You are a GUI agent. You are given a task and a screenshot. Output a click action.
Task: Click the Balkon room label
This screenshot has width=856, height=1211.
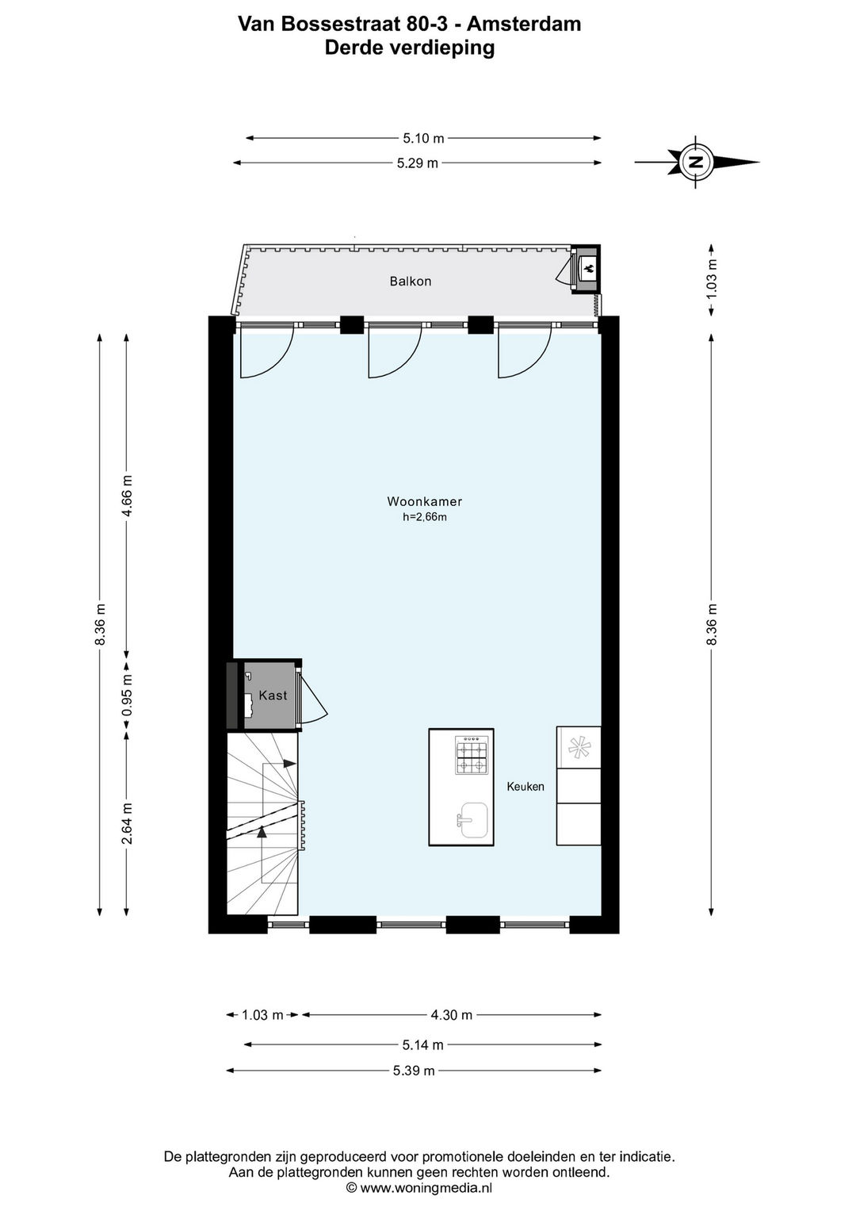coord(411,281)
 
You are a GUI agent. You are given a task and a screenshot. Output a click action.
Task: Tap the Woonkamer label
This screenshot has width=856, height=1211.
coord(424,501)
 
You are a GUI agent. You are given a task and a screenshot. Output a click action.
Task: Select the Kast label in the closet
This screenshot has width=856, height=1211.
coord(273,696)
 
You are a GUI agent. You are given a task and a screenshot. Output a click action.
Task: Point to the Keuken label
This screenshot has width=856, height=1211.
coord(525,787)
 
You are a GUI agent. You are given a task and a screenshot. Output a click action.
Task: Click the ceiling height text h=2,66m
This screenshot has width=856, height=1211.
coord(425,517)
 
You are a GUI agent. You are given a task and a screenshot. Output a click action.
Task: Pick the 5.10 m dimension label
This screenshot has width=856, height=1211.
coord(424,139)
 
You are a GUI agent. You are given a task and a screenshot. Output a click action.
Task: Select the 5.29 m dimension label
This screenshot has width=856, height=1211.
coord(417,163)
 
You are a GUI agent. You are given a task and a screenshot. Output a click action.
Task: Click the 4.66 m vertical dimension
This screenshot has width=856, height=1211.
coord(127,496)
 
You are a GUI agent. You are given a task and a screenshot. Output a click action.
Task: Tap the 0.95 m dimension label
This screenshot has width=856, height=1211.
coord(127,695)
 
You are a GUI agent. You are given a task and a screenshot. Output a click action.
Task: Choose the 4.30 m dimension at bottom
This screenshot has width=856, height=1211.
coord(451,1015)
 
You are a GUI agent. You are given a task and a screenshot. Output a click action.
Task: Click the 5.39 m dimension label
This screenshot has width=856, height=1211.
coord(414,1071)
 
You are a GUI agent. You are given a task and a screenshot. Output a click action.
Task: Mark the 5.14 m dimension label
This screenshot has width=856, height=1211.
coord(422,1045)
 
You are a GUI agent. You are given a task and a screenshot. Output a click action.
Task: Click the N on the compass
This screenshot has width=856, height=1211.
coord(696,162)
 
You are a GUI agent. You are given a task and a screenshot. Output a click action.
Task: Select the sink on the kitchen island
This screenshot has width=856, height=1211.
coord(472,820)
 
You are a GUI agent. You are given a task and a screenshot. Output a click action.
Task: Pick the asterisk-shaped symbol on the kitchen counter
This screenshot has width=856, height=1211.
coord(579,748)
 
